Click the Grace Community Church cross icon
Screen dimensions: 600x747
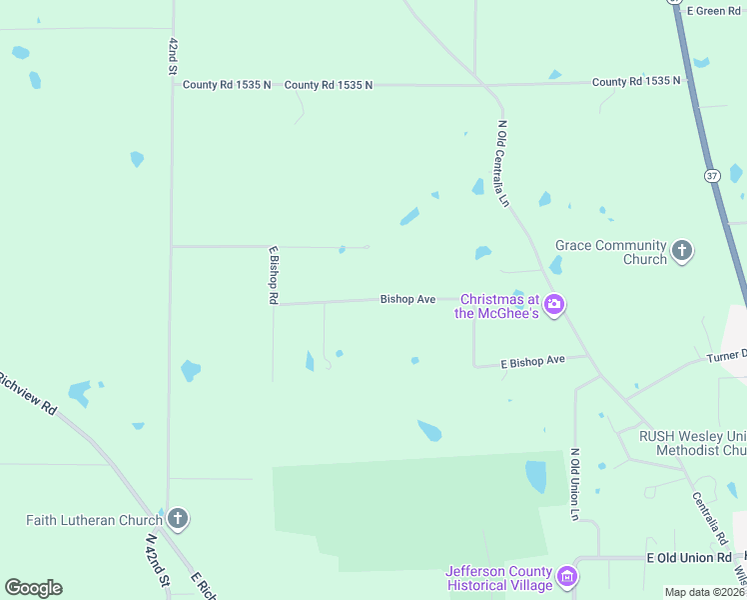point(682,251)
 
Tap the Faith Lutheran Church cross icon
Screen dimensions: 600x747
point(178,518)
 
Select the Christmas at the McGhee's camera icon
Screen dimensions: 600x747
point(555,304)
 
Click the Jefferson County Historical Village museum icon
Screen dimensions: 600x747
point(567,577)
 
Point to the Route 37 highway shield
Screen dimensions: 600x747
point(712,176)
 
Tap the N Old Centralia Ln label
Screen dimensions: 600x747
point(503,163)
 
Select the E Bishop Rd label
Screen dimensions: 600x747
point(272,275)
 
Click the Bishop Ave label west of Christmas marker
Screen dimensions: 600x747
point(407,299)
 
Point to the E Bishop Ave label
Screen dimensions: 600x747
point(532,360)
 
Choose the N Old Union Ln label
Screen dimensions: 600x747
point(574,484)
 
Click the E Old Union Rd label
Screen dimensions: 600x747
point(690,557)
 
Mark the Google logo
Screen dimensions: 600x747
point(33,588)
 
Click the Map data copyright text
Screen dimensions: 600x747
point(705,592)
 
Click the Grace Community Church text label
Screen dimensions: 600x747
point(610,252)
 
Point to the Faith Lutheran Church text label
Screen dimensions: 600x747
point(94,520)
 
